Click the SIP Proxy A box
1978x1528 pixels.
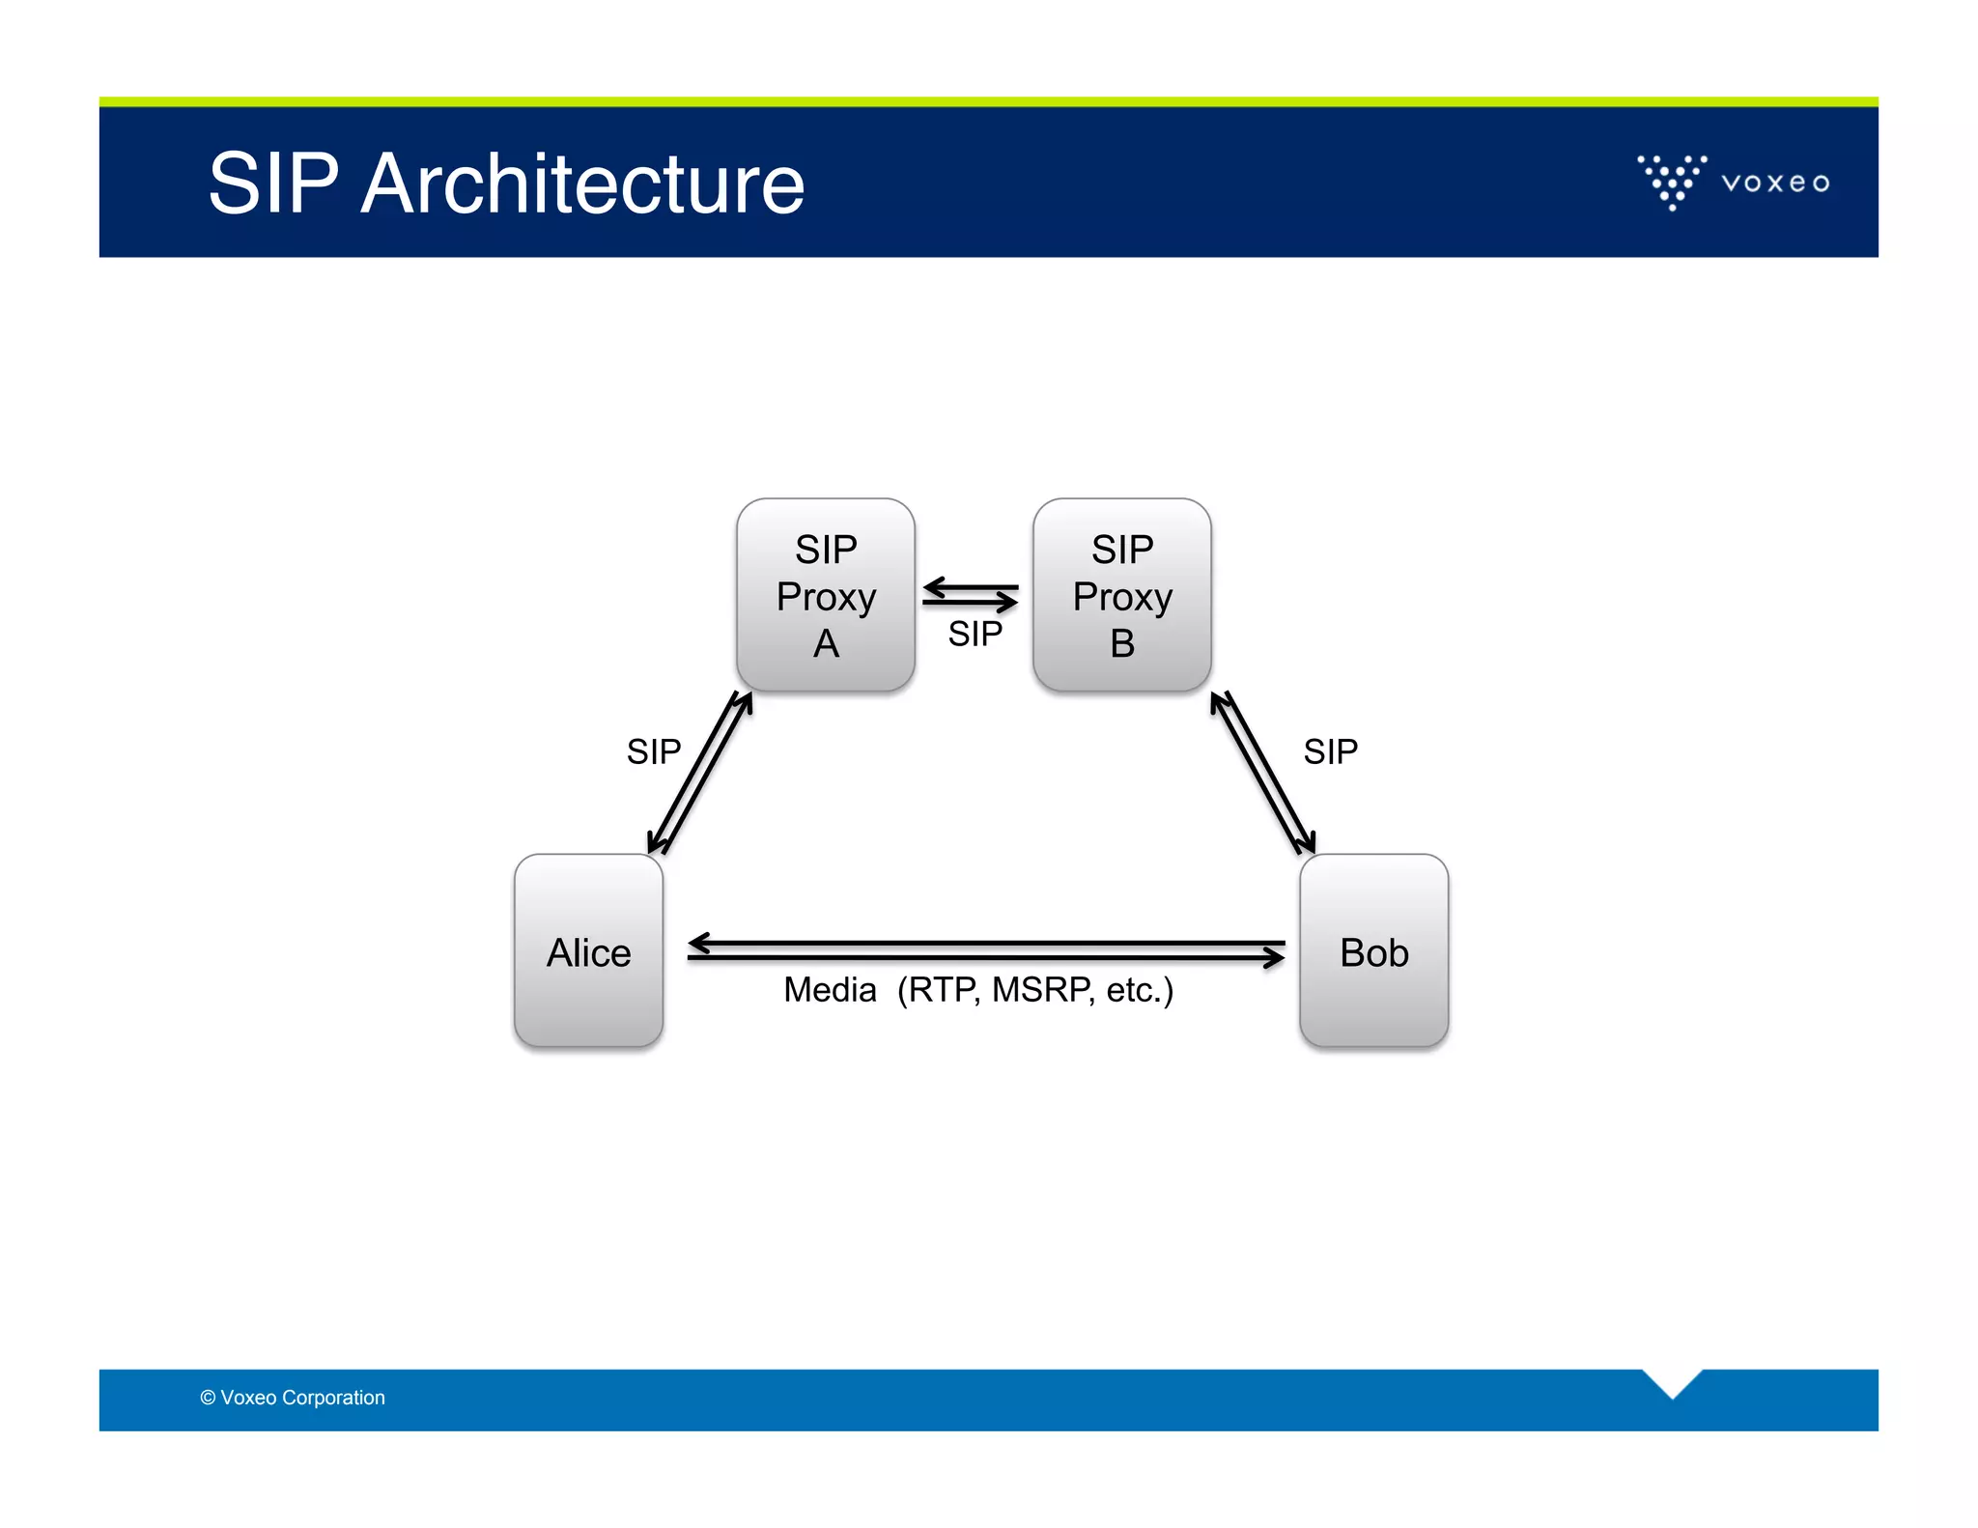tap(825, 595)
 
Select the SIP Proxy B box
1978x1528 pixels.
tap(1121, 595)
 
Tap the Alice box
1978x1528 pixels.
tap(588, 951)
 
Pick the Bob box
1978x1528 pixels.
tap(1373, 951)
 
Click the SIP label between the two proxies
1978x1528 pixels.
tap(975, 635)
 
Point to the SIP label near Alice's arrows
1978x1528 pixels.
tap(653, 751)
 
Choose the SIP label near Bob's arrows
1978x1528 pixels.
tap(1330, 751)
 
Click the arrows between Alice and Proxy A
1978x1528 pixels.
tap(700, 773)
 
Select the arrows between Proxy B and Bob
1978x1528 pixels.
tap(1262, 773)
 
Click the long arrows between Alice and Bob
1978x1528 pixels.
tap(985, 949)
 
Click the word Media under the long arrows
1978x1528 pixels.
tap(830, 990)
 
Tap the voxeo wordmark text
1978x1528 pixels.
tap(1775, 183)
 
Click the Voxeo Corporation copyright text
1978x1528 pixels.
tap(293, 1398)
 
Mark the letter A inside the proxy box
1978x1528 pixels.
tap(826, 644)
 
